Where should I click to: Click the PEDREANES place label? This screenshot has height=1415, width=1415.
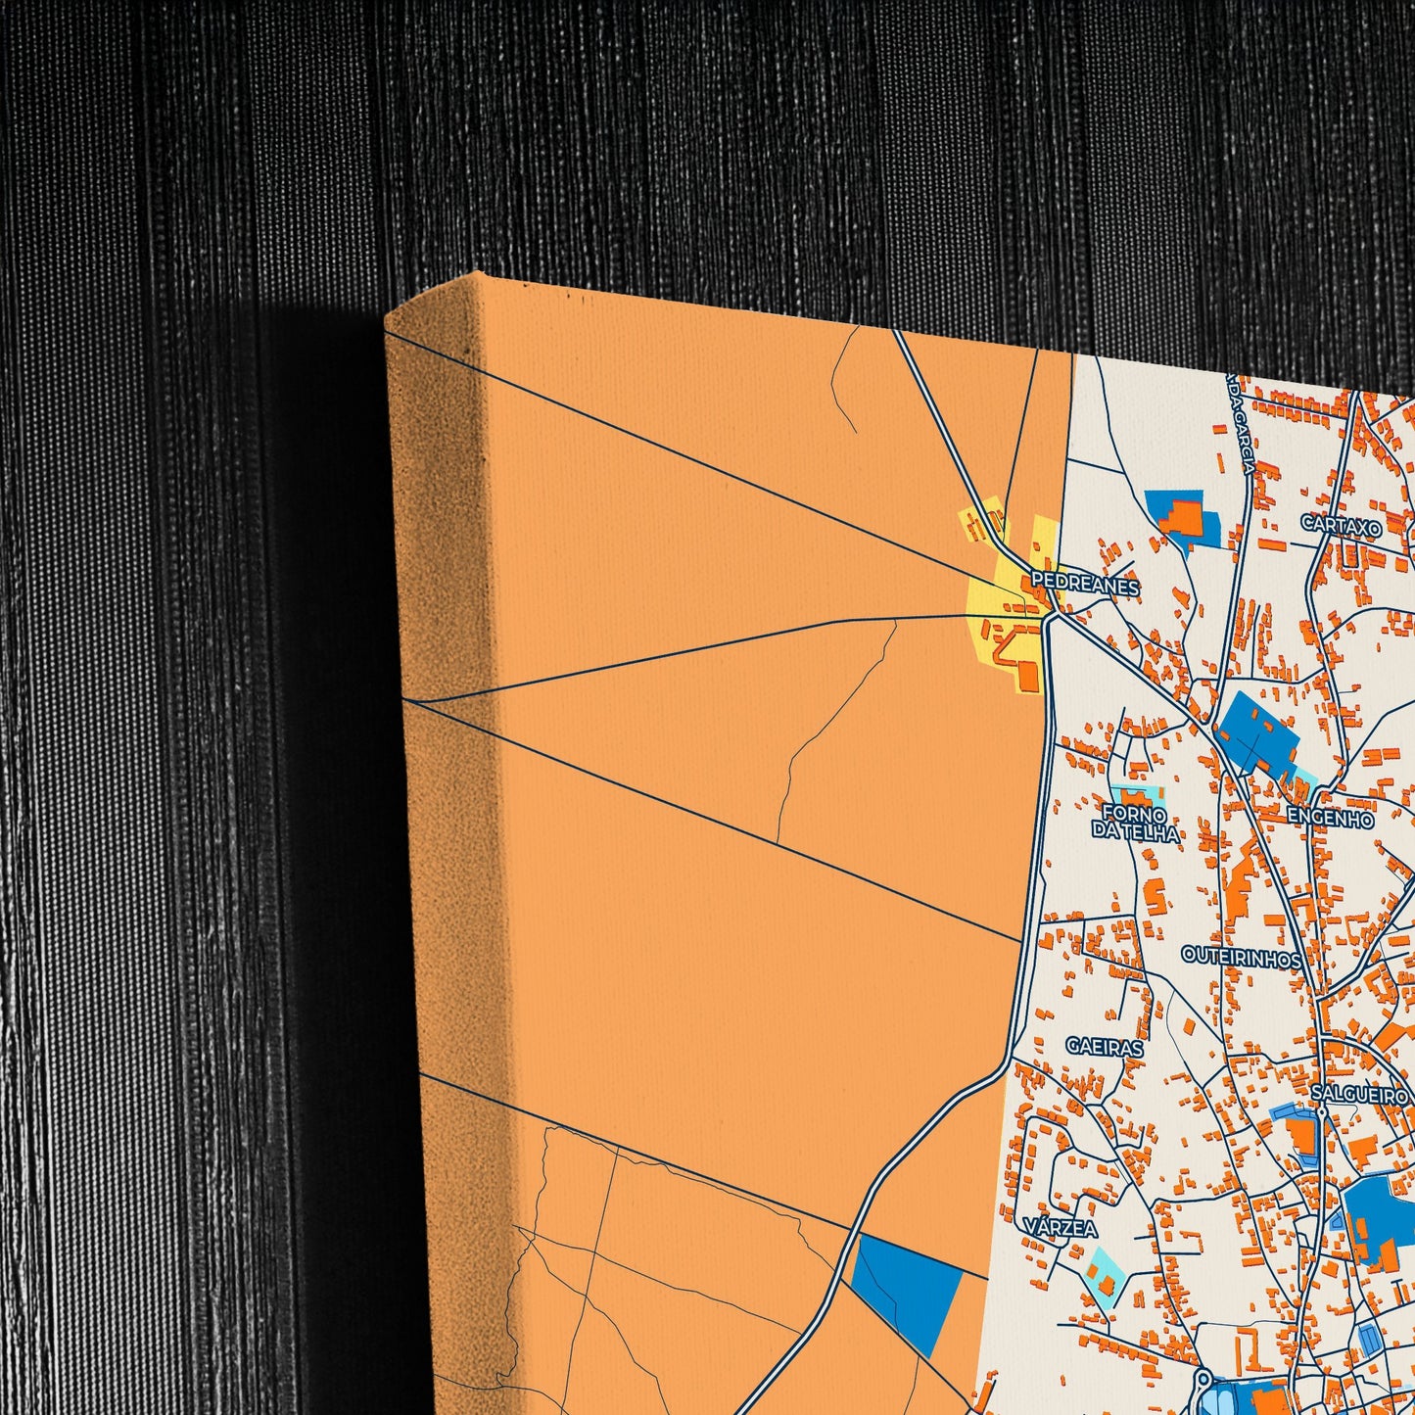(x=1085, y=586)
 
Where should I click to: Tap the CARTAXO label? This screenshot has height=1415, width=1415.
(x=1341, y=526)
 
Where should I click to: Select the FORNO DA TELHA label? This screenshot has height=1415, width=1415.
(x=1135, y=824)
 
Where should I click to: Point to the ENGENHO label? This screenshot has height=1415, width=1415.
(x=1330, y=819)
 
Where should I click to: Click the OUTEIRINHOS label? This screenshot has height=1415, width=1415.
(x=1241, y=957)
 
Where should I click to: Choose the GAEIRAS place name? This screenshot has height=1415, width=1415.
(x=1105, y=1047)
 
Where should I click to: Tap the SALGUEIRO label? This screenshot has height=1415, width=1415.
(x=1359, y=1094)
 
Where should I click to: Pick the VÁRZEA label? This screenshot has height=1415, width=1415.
(x=1061, y=1227)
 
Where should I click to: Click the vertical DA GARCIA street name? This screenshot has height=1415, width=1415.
(x=1239, y=425)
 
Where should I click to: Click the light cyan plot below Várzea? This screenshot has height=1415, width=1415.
(x=1103, y=1276)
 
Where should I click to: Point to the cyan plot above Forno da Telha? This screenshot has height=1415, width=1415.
(x=1135, y=794)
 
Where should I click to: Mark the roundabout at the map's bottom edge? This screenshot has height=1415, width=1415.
(x=1203, y=1384)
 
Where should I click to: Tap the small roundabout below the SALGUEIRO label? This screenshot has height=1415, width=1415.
(x=1321, y=1112)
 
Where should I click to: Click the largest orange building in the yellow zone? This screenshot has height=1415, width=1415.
(x=1027, y=675)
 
